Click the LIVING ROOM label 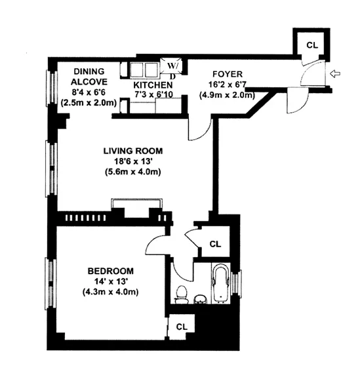[132, 151]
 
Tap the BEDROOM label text [111, 271]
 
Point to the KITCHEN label [153, 85]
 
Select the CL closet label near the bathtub [214, 243]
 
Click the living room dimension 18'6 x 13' [132, 161]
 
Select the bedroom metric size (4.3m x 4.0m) [111, 292]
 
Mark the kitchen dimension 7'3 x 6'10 [153, 96]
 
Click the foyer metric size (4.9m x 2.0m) [227, 95]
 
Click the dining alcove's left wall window [49, 88]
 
